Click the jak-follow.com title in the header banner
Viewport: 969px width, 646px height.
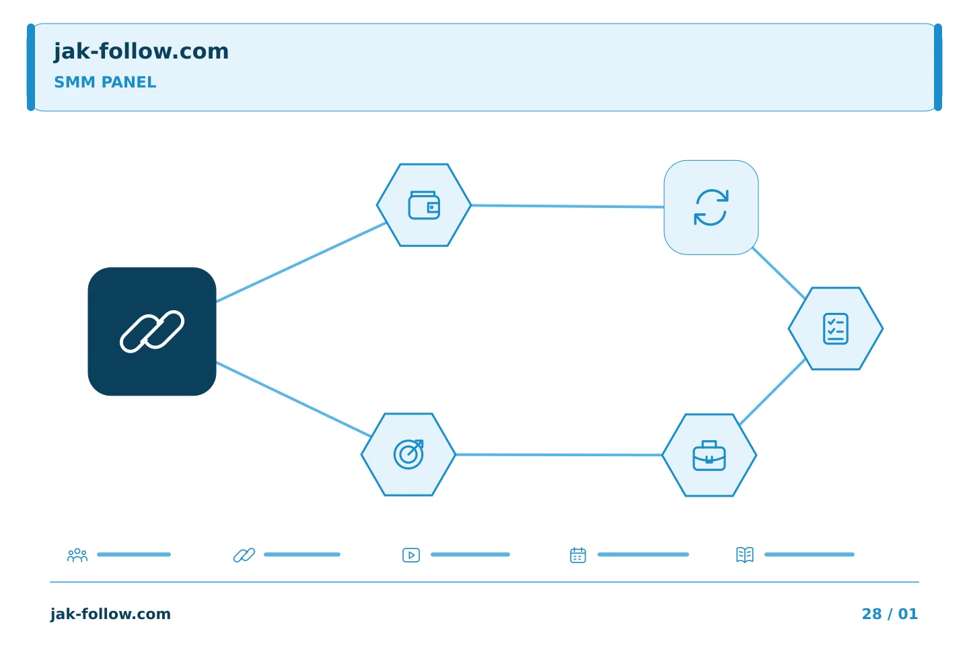(x=141, y=52)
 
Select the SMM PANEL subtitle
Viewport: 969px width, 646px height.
(x=105, y=82)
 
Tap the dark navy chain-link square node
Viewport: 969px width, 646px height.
(x=152, y=332)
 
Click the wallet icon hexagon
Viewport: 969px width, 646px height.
(x=424, y=205)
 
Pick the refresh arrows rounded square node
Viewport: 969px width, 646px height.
(x=711, y=208)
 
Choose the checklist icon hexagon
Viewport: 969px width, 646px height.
(x=836, y=329)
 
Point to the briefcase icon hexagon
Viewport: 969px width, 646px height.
(x=709, y=455)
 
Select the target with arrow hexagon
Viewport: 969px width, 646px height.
(x=408, y=455)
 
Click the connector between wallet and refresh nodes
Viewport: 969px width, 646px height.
(x=567, y=207)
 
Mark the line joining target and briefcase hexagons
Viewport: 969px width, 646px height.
(x=559, y=455)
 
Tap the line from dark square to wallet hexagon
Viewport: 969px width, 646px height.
(x=301, y=262)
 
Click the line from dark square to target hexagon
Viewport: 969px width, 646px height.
(x=293, y=399)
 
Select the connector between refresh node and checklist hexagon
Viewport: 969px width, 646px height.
(x=779, y=273)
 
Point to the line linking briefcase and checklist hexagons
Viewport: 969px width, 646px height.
(x=773, y=392)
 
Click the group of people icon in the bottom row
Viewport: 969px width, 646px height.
(x=77, y=555)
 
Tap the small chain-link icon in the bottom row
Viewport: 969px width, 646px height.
(x=244, y=555)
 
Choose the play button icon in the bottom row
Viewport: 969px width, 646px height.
(x=411, y=555)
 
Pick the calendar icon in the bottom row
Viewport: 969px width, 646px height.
(x=578, y=555)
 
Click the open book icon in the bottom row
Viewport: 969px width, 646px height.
(x=745, y=555)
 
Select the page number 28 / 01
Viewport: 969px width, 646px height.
(x=890, y=614)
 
